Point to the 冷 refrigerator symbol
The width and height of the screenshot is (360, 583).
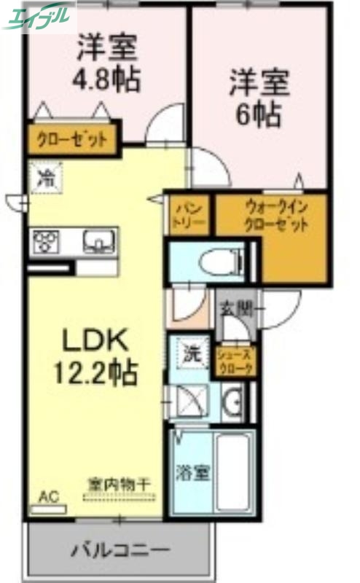click(46, 177)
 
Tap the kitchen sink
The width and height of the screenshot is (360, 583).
click(97, 241)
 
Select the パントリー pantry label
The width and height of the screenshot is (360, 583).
click(189, 214)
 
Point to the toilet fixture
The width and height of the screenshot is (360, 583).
click(216, 260)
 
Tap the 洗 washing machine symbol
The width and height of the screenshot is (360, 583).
click(191, 356)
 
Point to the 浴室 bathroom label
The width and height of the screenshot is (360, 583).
click(192, 472)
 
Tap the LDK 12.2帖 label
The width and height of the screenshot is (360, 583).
click(94, 356)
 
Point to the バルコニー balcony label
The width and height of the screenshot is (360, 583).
click(120, 549)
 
